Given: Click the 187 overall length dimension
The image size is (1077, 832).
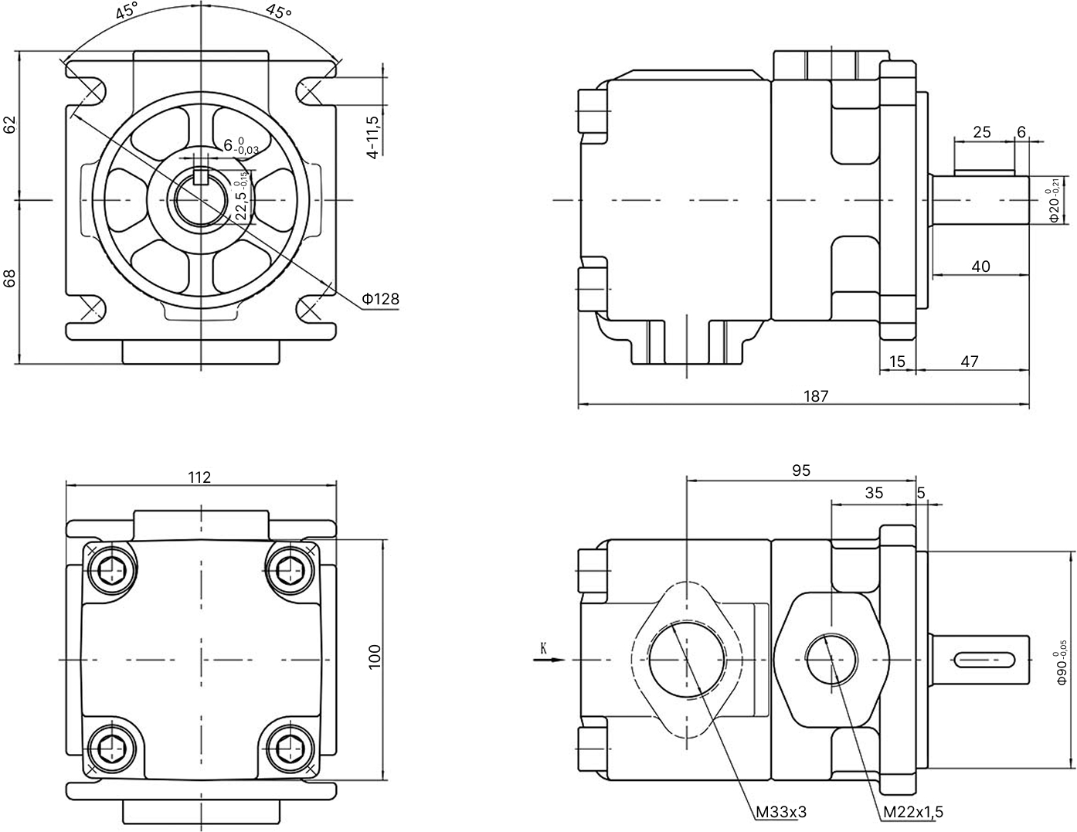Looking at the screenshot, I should pos(815,396).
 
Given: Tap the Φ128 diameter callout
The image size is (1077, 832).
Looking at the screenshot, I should pos(380,298).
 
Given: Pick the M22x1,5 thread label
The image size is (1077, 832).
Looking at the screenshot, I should pos(913,812).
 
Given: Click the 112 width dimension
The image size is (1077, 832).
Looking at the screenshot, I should pos(199,477).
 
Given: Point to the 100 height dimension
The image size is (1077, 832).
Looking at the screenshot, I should pos(375,657).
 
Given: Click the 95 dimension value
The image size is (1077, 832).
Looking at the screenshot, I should pos(801,470).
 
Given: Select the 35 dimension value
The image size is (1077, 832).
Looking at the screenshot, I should pos(874,493).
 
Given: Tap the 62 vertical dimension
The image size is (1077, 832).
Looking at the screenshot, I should pos(10,124).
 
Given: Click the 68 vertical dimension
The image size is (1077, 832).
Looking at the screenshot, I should pos(10,279).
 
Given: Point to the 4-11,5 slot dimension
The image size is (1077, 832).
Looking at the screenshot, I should pos(373,137).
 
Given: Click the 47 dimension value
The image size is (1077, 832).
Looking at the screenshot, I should pos(970,362).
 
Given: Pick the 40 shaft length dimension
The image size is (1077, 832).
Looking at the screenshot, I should pos(980,267).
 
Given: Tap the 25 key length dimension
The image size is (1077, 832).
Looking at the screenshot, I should pos(981,132).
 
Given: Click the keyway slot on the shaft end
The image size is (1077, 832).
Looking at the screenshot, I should pos(984,660).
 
